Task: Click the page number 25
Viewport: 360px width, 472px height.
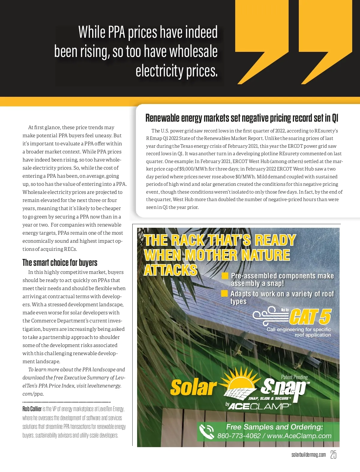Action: (x=333, y=455)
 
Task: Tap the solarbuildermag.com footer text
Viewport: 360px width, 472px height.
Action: (x=308, y=455)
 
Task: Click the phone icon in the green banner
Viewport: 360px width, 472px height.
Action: (x=206, y=432)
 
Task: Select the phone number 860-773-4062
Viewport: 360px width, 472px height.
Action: (x=239, y=436)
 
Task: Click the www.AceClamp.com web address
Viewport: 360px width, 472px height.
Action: (x=299, y=436)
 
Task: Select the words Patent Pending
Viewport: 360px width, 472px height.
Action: (x=294, y=377)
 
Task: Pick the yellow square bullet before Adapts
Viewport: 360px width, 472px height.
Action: (x=224, y=293)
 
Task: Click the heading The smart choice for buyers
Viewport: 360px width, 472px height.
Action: (x=60, y=263)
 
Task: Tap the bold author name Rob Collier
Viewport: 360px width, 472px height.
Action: (x=32, y=409)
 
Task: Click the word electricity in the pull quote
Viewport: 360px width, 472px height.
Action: (x=160, y=71)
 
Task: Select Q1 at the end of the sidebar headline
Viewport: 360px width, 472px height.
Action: (x=335, y=118)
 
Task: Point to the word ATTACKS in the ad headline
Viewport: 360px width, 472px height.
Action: (x=170, y=270)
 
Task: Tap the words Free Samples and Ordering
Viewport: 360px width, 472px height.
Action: (x=274, y=427)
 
